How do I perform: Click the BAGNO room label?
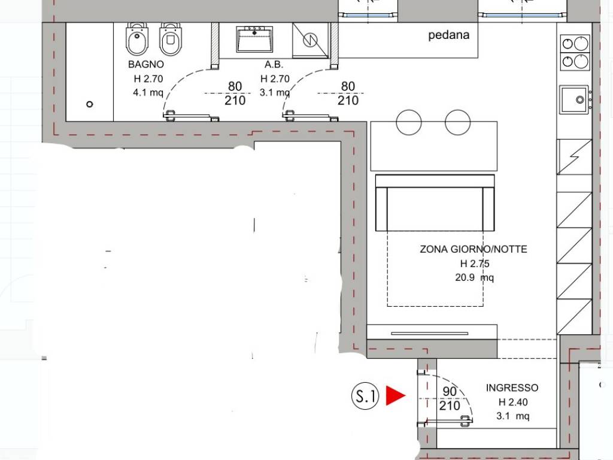point(146,65)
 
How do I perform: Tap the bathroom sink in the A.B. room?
point(255,40)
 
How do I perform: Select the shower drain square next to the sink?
point(310,41)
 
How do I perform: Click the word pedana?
point(449,35)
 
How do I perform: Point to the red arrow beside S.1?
point(395,395)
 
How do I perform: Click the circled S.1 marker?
point(365,396)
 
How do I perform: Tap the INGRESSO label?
point(512,388)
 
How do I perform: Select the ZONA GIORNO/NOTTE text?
point(474,249)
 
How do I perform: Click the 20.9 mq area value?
point(474,278)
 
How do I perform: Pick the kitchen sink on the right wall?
point(575,100)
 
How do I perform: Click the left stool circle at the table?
point(409,122)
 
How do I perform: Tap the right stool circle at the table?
point(456,122)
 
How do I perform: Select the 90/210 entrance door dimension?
point(450,399)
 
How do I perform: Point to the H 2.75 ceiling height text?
point(474,264)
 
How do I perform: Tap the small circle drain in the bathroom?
point(90,104)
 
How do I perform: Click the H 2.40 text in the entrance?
point(512,402)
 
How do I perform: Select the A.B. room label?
point(274,65)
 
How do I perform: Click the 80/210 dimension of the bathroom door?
point(235,94)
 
